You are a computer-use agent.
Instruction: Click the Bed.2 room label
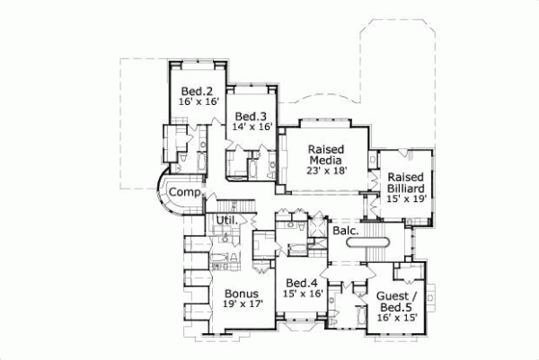[x=196, y=92]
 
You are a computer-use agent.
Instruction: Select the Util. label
[x=225, y=220]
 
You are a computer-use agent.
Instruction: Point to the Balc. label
[x=346, y=232]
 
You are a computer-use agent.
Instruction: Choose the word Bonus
[x=242, y=294]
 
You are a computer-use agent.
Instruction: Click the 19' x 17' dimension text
[x=242, y=305]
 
